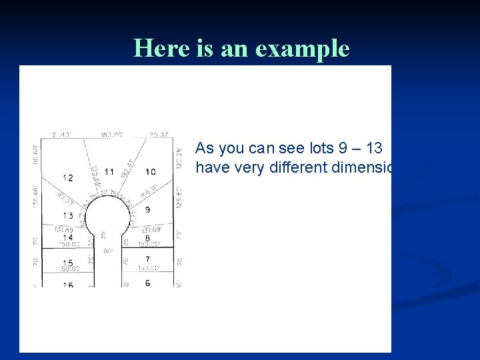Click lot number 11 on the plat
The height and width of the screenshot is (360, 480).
pyautogui.click(x=109, y=171)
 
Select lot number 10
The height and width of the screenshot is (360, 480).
pyautogui.click(x=151, y=172)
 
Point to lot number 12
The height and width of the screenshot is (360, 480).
pyautogui.click(x=68, y=177)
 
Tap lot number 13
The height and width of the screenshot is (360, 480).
pyautogui.click(x=68, y=215)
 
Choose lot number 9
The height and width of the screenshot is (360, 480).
pyautogui.click(x=147, y=210)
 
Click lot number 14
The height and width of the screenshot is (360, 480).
pyautogui.click(x=68, y=237)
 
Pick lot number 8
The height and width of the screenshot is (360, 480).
pyautogui.click(x=147, y=238)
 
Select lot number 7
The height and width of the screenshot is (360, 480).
pyautogui.click(x=147, y=259)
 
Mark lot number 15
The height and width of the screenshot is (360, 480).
pyautogui.click(x=68, y=263)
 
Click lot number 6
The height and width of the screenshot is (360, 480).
pyautogui.click(x=147, y=283)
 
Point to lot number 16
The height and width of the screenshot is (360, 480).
pyautogui.click(x=68, y=285)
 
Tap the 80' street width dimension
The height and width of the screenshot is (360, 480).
pyautogui.click(x=107, y=251)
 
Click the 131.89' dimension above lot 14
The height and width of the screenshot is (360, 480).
pyautogui.click(x=64, y=229)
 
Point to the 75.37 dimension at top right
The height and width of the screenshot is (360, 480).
pyautogui.click(x=159, y=135)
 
